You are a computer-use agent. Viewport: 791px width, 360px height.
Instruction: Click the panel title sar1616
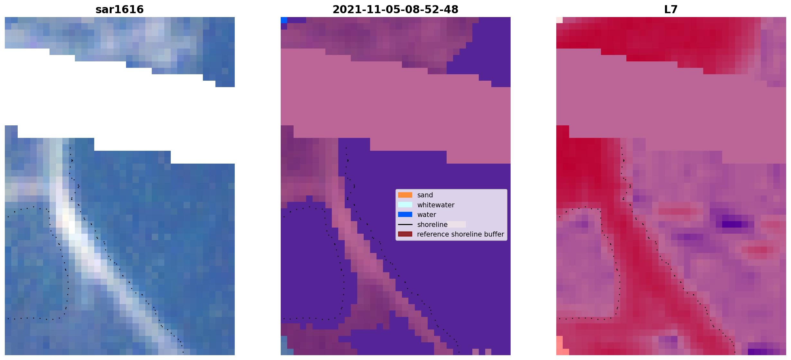pyautogui.click(x=120, y=9)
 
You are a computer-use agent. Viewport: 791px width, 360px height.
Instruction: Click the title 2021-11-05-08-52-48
pyautogui.click(x=395, y=9)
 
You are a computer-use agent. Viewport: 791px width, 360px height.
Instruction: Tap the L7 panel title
pyautogui.click(x=671, y=9)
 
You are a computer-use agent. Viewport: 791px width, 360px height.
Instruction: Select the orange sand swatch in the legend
pyautogui.click(x=405, y=195)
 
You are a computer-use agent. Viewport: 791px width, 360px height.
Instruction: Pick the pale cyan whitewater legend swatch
pyautogui.click(x=405, y=205)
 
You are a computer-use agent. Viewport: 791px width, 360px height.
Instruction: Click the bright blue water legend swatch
pyautogui.click(x=405, y=214)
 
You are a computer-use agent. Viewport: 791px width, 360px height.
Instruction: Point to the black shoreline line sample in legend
pyautogui.click(x=405, y=224)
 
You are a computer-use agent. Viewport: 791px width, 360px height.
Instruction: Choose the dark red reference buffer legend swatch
pyautogui.click(x=405, y=234)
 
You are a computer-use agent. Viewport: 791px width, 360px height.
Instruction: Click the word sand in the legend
pyautogui.click(x=425, y=195)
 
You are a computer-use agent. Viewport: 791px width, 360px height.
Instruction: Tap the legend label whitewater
pyautogui.click(x=436, y=205)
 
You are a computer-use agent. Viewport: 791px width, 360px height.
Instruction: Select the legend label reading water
pyautogui.click(x=427, y=215)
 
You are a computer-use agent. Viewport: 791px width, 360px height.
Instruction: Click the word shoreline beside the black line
pyautogui.click(x=432, y=225)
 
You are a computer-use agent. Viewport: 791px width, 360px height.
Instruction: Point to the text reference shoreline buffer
pyautogui.click(x=460, y=234)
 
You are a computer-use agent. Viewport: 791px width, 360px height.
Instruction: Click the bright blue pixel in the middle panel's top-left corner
pyautogui.click(x=284, y=20)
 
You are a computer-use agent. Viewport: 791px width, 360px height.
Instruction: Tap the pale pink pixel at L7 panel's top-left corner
pyautogui.click(x=559, y=20)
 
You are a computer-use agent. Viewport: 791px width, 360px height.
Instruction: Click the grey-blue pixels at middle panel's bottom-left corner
pyautogui.click(x=284, y=346)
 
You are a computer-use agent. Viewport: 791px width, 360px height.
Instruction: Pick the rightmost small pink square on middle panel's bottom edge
pyautogui.click(x=488, y=352)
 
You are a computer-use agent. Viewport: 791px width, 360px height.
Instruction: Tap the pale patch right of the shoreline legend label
pyautogui.click(x=457, y=224)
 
